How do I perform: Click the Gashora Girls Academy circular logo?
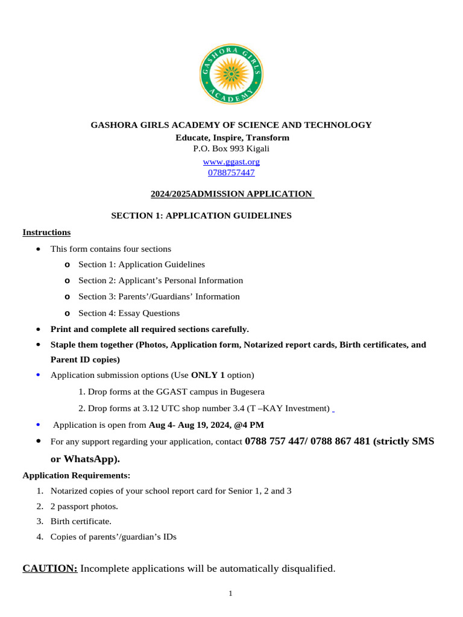click(x=231, y=74)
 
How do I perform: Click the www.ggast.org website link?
click(x=231, y=161)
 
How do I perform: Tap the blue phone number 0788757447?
click(x=231, y=172)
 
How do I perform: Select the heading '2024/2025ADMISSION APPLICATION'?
click(x=231, y=193)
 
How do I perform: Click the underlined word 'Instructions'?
click(x=46, y=232)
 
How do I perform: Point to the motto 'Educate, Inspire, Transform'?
click(x=232, y=137)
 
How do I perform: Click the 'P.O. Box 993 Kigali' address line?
click(x=231, y=148)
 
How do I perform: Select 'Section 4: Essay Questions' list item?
click(x=129, y=313)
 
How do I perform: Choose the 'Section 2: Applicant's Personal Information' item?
click(x=160, y=280)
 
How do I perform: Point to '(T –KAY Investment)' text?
click(x=291, y=408)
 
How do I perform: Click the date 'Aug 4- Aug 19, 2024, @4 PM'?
click(x=206, y=425)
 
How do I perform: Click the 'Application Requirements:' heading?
click(x=77, y=475)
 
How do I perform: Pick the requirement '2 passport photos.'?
click(x=84, y=506)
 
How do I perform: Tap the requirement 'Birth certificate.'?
click(x=81, y=521)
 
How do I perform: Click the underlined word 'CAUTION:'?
click(x=50, y=568)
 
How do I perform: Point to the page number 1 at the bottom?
click(x=230, y=594)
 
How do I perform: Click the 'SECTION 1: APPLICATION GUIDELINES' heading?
click(x=201, y=215)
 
